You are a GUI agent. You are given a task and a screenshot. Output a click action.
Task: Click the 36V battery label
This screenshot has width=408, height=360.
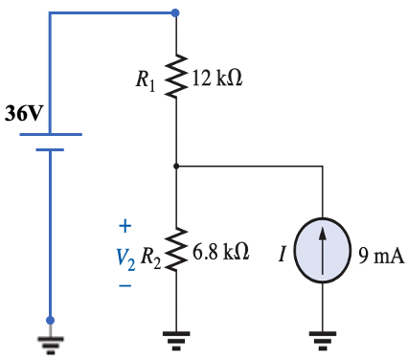[24, 114]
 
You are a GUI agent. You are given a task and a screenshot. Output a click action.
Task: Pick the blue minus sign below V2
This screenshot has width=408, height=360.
[124, 284]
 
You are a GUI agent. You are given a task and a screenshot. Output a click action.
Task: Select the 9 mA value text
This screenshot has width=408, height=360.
[380, 256]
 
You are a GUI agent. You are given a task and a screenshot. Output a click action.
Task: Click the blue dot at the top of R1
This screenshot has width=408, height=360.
[176, 13]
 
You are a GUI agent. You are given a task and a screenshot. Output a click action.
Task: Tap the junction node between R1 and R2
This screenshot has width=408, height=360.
[176, 166]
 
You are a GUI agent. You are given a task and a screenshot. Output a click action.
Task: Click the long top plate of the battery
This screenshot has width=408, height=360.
[51, 135]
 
